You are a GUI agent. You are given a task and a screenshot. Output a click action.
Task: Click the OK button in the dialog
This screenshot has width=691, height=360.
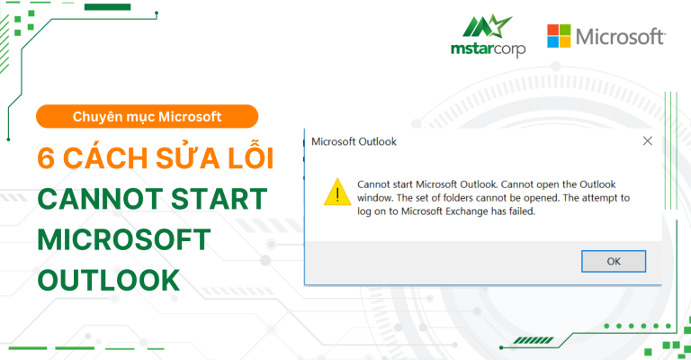(x=614, y=261)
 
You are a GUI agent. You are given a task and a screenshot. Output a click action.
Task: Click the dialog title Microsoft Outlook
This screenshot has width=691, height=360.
(x=354, y=141)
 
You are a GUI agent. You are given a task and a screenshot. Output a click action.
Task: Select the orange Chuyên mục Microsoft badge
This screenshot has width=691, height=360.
(x=147, y=116)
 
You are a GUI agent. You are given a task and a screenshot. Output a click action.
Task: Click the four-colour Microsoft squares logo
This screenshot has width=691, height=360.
(x=558, y=37)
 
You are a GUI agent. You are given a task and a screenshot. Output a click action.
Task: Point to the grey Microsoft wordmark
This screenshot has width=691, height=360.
(x=621, y=37)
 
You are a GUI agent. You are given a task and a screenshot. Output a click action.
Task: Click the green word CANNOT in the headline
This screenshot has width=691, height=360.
(x=94, y=200)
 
